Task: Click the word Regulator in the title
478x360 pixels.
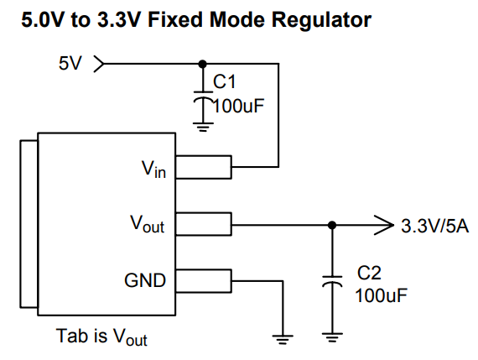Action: point(321,21)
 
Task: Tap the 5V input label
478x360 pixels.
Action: point(70,64)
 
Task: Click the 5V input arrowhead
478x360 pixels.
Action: point(99,64)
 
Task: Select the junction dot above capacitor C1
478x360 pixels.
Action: point(202,64)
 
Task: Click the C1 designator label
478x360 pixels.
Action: point(225,81)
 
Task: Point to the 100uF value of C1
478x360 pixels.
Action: point(238,107)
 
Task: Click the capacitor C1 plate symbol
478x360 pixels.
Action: point(203,97)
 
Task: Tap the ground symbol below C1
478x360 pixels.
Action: point(203,127)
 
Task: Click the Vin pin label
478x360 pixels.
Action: point(154,170)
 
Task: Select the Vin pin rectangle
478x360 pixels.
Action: point(204,167)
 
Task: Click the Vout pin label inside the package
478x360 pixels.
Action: point(148,224)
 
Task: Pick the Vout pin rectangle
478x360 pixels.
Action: point(204,224)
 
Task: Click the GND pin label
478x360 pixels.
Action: point(145,280)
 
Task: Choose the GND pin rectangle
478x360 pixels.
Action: point(204,281)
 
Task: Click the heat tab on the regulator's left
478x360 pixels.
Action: point(29,224)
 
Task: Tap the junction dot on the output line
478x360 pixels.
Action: point(332,226)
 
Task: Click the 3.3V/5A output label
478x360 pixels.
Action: point(435,227)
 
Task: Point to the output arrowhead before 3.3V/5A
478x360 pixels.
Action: point(384,226)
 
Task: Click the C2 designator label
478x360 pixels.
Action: point(369,273)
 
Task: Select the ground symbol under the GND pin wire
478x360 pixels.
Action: point(283,339)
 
